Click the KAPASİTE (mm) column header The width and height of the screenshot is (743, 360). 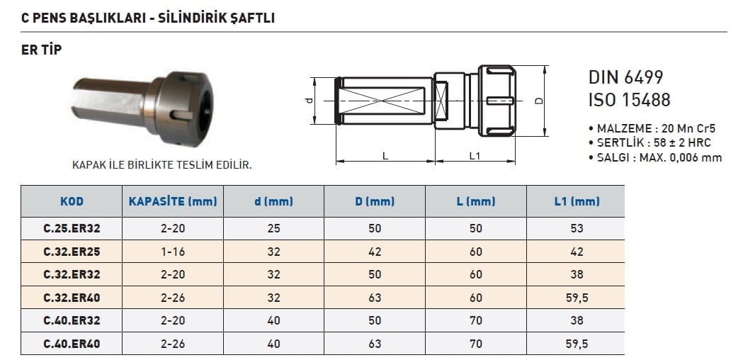(173, 201)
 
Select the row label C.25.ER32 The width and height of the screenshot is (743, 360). (72, 229)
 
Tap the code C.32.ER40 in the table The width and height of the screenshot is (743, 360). (72, 298)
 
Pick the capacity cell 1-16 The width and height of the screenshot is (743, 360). (173, 252)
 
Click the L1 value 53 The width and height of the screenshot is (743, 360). (577, 229)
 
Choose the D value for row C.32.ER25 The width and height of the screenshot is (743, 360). (375, 252)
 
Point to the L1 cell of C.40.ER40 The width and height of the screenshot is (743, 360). (577, 344)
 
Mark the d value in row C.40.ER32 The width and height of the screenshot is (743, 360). (273, 320)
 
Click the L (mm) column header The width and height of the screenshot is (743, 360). (476, 201)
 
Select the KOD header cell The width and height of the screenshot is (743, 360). (72, 201)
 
